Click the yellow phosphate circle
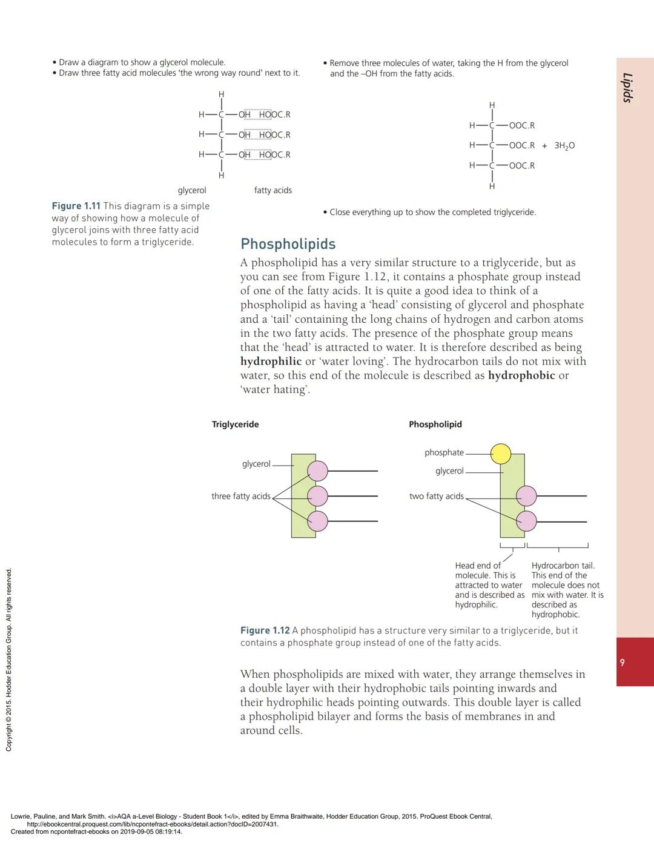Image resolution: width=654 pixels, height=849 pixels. (x=501, y=453)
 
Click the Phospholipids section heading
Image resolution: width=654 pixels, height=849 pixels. (x=288, y=244)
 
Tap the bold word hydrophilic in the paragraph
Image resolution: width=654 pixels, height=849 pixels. (x=271, y=362)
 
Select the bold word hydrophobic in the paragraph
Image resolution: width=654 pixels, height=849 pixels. (x=521, y=375)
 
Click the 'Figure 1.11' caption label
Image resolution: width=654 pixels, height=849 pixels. (x=76, y=206)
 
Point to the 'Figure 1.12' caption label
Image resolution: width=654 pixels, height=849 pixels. (x=265, y=630)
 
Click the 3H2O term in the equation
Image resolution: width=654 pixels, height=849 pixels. (x=564, y=146)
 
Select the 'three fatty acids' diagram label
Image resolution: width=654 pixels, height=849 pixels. (x=240, y=496)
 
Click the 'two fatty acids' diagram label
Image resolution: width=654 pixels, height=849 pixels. (x=436, y=496)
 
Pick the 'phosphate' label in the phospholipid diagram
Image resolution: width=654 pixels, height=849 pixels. (x=444, y=452)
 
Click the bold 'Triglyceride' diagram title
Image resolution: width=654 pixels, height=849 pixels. (x=235, y=424)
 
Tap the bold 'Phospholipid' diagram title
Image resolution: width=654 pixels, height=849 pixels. (x=435, y=424)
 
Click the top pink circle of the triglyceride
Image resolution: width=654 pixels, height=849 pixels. (x=317, y=471)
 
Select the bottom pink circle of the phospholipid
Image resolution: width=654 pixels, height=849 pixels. (x=526, y=521)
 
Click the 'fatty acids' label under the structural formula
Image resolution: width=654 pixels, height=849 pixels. (x=272, y=190)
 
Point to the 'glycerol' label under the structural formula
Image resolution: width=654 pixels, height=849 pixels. (x=191, y=190)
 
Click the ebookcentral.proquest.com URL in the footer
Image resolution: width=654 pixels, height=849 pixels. (x=153, y=824)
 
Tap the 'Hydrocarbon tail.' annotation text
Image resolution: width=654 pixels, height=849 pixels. (x=563, y=566)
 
